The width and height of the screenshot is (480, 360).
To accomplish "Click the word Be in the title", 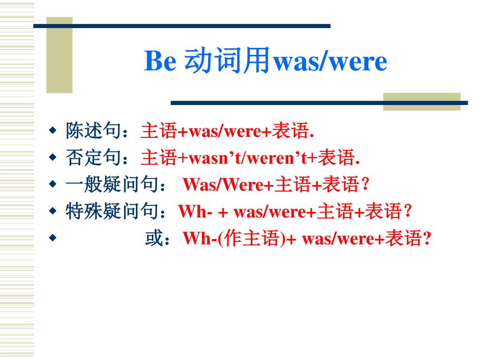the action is click(160, 60).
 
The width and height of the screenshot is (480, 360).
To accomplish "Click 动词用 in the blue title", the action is click(227, 60).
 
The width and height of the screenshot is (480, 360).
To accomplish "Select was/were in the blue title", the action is click(330, 62).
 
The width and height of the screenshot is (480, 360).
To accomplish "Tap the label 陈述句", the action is click(93, 130).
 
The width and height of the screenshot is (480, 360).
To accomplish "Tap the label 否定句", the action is click(93, 157).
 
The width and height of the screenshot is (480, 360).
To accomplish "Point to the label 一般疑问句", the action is click(112, 184).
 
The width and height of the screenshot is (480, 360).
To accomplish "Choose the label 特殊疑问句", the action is click(112, 211).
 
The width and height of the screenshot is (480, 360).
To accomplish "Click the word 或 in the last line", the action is click(154, 238).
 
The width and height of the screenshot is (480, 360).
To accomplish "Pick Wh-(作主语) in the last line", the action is click(234, 239).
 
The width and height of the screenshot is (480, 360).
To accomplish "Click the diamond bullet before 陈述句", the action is click(52, 130).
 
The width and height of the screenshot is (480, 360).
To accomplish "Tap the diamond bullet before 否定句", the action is click(52, 157).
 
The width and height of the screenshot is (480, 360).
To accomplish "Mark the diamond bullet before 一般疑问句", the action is click(52, 184).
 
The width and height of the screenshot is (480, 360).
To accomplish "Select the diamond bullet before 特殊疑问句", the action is click(52, 211).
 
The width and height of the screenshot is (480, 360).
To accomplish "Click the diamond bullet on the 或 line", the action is click(52, 238).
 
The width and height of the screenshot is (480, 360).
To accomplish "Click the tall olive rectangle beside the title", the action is click(60, 55).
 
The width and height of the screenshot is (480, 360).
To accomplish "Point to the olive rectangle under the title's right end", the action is click(422, 102).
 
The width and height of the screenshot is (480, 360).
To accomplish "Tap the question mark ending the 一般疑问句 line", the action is click(365, 184).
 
